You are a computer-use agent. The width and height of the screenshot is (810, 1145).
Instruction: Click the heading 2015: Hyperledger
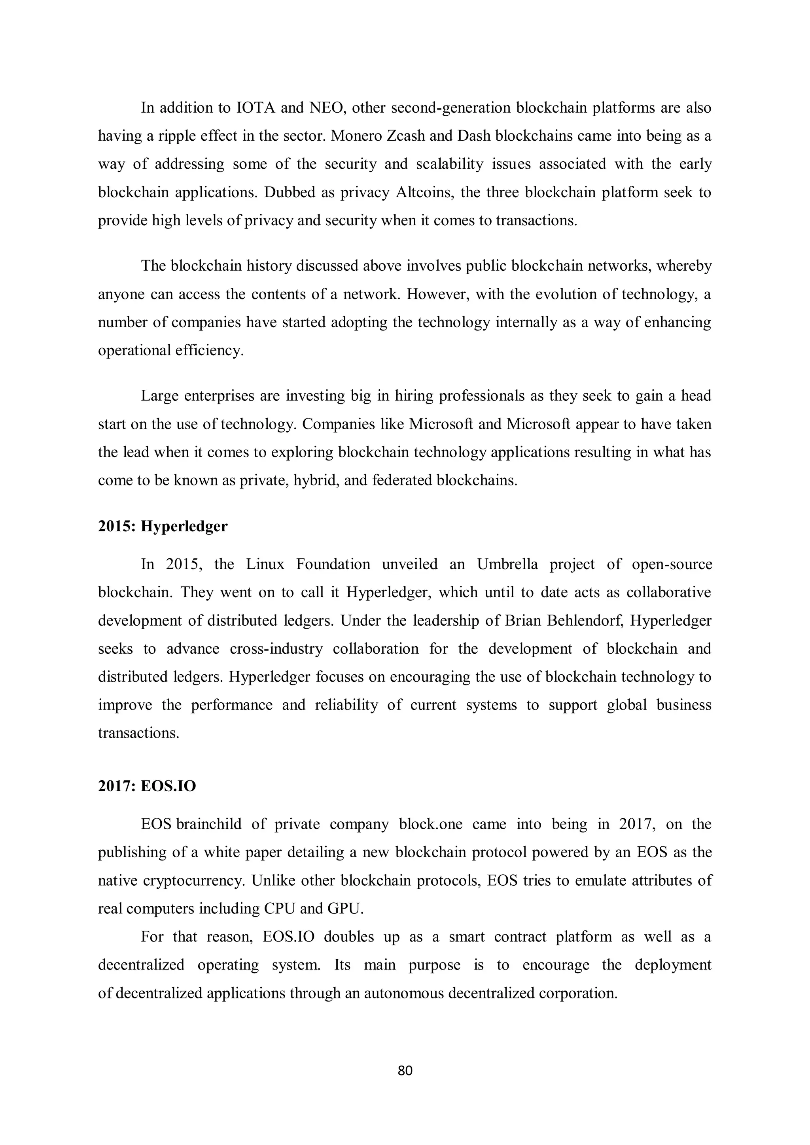163,526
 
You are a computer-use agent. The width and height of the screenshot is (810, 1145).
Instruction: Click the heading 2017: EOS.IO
147,787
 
